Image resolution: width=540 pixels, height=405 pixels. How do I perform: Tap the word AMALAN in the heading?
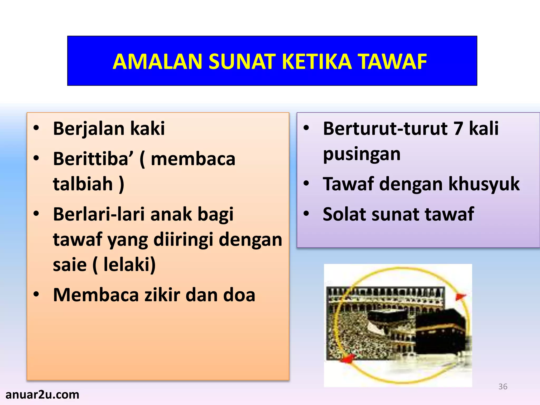coord(157,62)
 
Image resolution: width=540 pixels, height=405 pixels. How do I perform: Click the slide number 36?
coord(503,387)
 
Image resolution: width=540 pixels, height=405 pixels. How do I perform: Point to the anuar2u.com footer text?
coord(42,395)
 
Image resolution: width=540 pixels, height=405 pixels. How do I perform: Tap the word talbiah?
coord(83,184)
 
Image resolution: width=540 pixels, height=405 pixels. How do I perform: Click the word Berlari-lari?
coord(99,214)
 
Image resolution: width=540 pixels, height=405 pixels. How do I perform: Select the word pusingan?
coord(361,154)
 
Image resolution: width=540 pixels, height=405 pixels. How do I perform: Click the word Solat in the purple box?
coord(344,214)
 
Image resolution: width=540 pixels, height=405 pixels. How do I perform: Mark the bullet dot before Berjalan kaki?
coord(36,128)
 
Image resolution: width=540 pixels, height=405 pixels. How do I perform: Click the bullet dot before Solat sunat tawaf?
coord(306,213)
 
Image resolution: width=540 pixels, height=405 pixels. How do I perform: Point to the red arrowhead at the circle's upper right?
coord(460,296)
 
